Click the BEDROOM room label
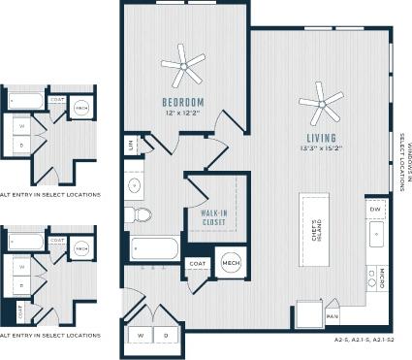click(182, 102)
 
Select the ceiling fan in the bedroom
click(183, 66)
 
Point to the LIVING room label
click(321, 138)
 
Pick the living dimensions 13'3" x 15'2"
click(321, 149)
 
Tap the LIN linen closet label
click(129, 146)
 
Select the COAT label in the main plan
click(198, 263)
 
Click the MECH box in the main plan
click(231, 262)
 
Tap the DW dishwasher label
click(374, 211)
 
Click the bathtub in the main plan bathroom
click(155, 247)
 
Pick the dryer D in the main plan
click(166, 335)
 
